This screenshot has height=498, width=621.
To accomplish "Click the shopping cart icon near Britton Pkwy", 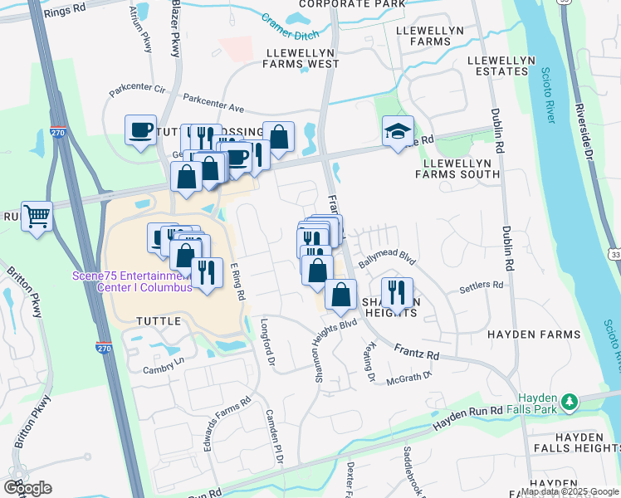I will pos(37,217).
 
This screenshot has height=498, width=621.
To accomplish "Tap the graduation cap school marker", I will pos(398,131).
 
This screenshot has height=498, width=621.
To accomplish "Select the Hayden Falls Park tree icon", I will pos(569,404).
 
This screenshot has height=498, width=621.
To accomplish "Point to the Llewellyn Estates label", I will pos(498,66).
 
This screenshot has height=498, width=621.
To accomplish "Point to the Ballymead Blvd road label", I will pos(386,259).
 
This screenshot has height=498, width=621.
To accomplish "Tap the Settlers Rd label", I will pos(482,286).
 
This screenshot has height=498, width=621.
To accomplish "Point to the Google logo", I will pos(27,487).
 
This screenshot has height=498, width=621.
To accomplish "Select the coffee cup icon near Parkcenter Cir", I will pos(140,129).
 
